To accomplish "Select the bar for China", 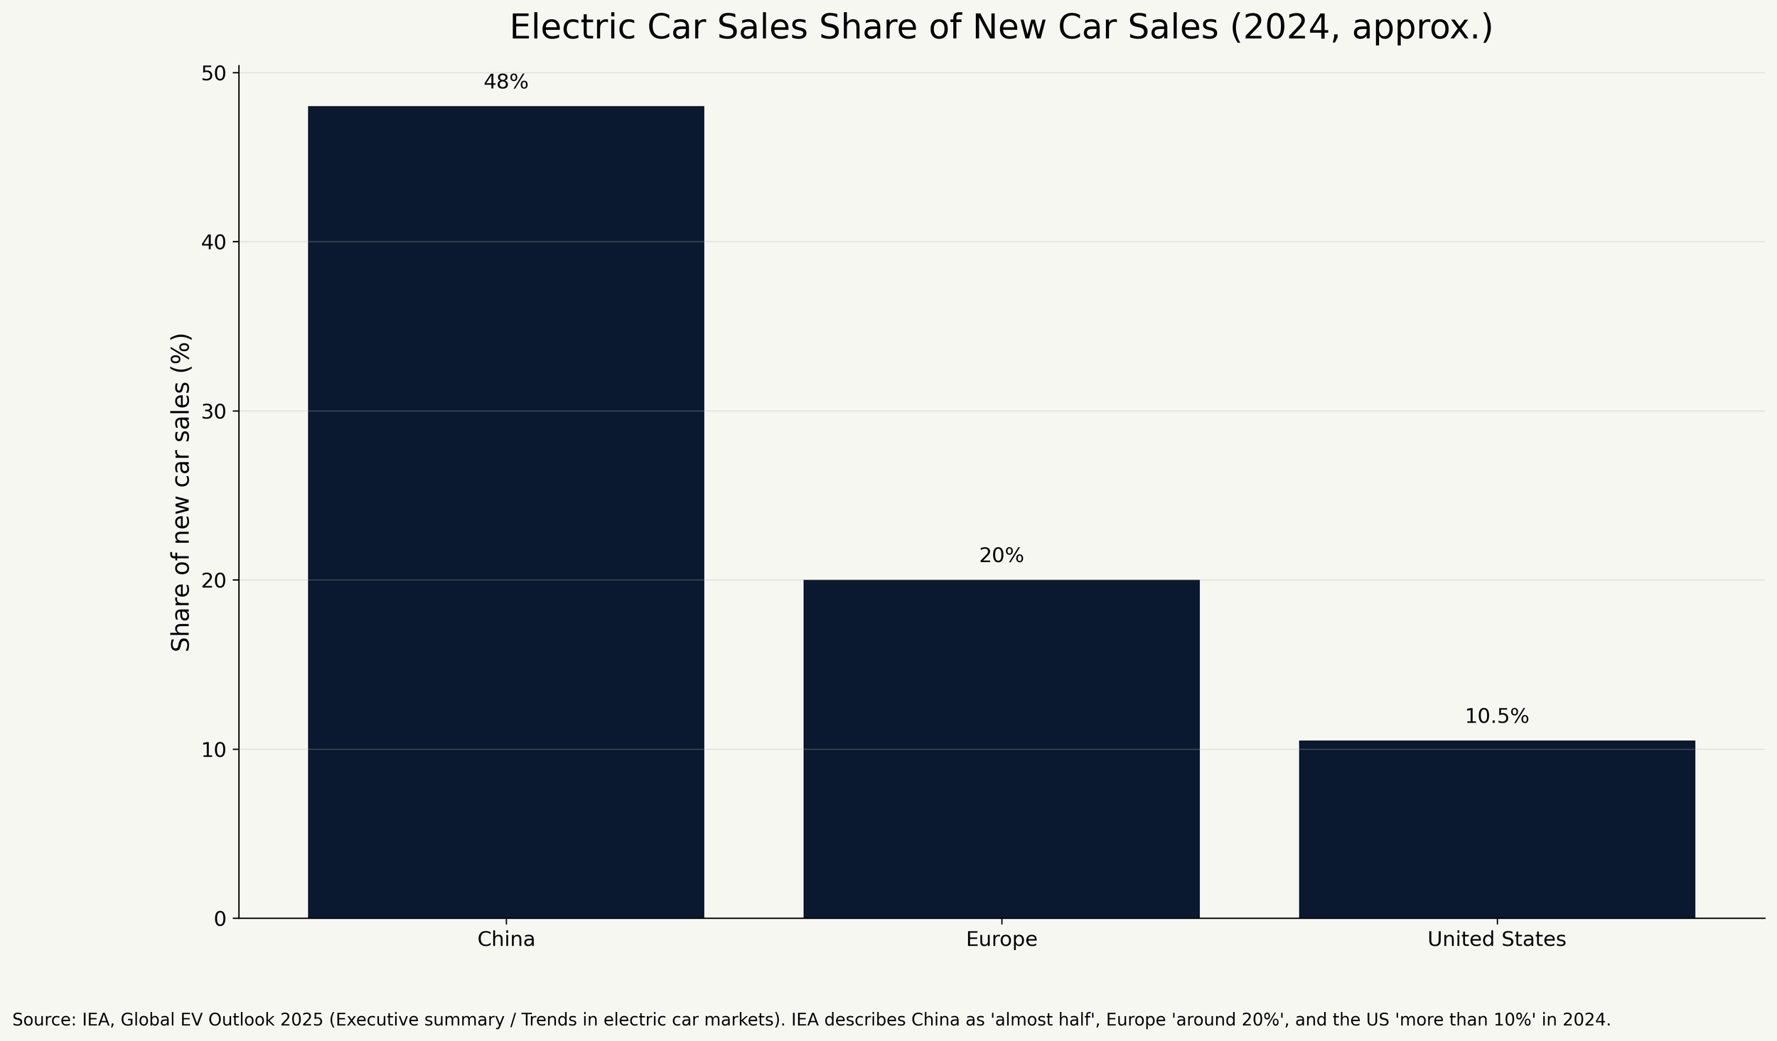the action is coord(505,512).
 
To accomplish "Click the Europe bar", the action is coord(1002,749).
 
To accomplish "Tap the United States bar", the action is coord(1497,829).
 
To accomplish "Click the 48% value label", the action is coord(505,82).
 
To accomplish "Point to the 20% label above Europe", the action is coord(1002,556).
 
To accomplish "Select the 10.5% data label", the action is coord(1497,717).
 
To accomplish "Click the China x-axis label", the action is coord(505,939).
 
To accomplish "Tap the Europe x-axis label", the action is coord(1002,940).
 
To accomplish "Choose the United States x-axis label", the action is coord(1497,939).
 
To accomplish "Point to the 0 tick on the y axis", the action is coord(220,919).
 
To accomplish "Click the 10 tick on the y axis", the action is coord(214,750).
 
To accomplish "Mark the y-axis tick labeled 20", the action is coord(214,581).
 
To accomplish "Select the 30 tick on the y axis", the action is coord(214,411).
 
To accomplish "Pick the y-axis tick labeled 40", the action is coord(214,242).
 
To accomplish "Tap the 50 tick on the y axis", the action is coord(214,73).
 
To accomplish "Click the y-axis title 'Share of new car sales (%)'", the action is coord(181,492).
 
